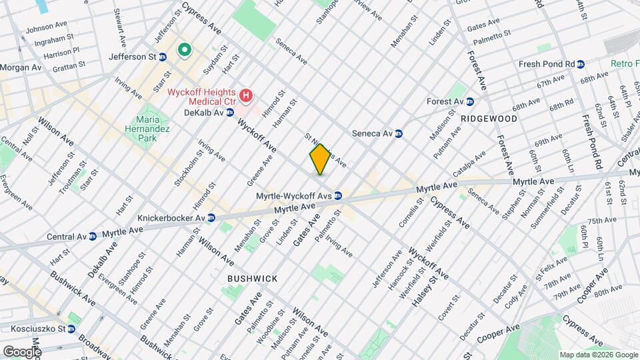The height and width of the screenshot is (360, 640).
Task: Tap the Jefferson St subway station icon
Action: point(163,57)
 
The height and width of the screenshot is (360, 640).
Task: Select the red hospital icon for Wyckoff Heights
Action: point(246,96)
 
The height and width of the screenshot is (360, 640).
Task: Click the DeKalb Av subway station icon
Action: point(229,113)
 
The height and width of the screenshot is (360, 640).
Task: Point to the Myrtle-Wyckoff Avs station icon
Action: point(339,196)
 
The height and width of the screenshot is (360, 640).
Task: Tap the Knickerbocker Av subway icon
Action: point(211,218)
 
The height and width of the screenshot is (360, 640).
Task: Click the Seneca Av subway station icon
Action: point(399,133)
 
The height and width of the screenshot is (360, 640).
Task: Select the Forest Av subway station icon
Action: point(470,101)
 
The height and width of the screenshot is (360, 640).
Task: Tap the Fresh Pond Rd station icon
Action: point(581,64)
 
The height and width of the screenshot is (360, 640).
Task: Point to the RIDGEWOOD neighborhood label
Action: point(489,119)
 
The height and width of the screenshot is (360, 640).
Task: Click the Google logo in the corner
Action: point(22,351)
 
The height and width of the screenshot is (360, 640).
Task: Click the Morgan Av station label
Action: point(20,68)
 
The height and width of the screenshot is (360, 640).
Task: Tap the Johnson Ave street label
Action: point(47,29)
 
